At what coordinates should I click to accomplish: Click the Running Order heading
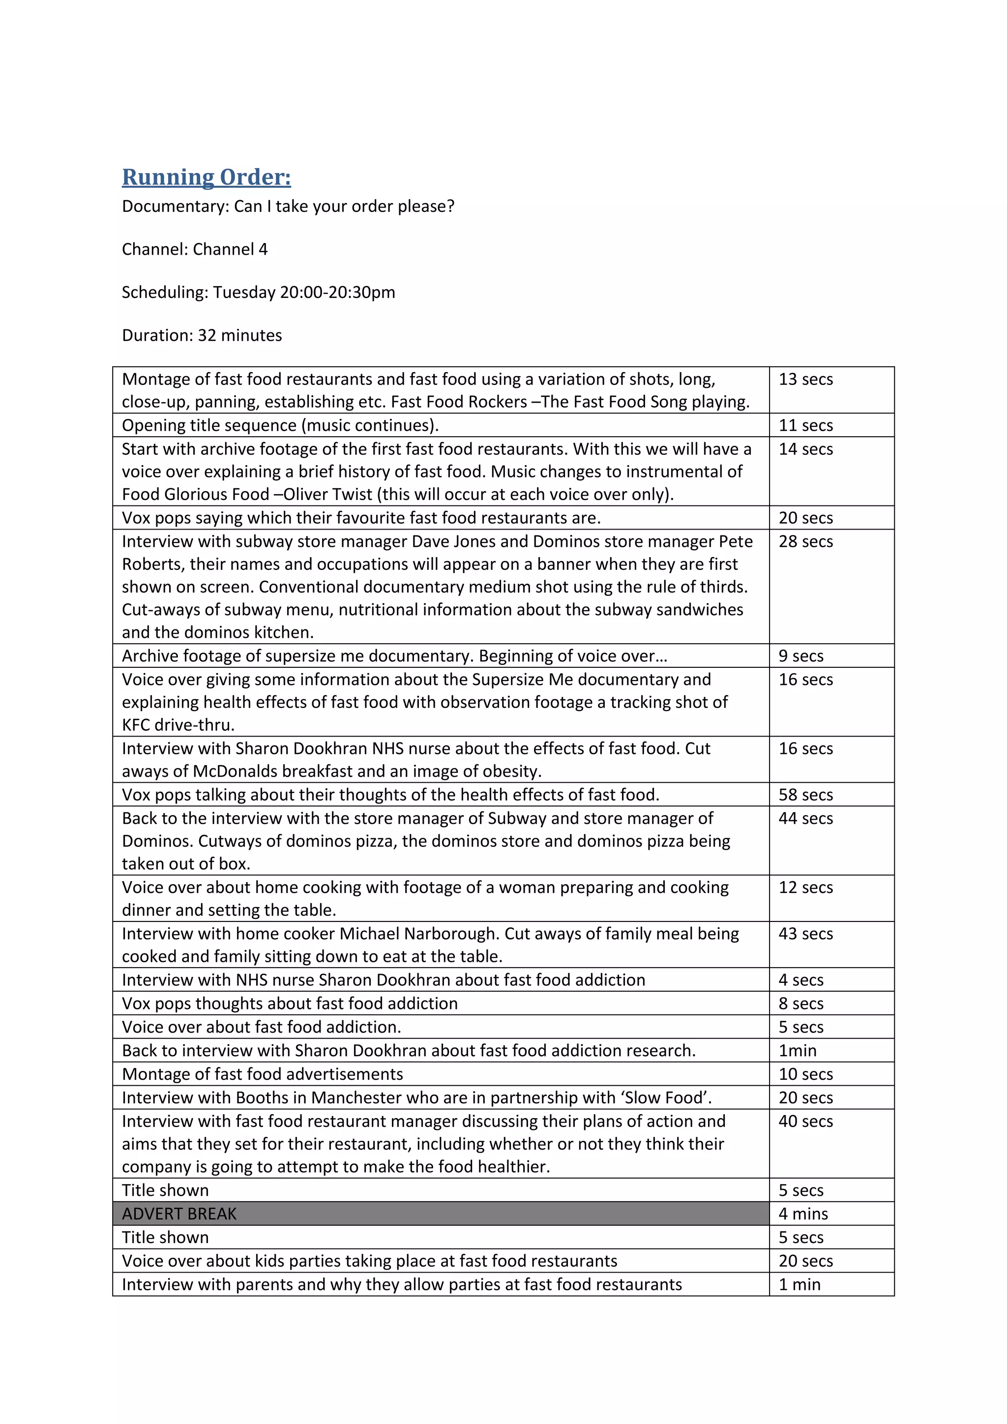207,178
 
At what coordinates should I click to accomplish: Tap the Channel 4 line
195,249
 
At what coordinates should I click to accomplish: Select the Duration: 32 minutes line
202,335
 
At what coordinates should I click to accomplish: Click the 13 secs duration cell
805,380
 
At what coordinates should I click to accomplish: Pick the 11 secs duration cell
805,425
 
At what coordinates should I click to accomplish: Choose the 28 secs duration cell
805,541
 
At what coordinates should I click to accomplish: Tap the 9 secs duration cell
801,656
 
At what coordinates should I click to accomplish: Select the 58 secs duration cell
805,795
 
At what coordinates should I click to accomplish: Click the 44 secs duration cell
805,819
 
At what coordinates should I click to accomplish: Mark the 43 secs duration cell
805,934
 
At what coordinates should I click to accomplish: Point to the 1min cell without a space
798,1051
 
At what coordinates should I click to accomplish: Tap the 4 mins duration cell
803,1214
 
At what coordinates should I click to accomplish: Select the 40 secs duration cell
805,1121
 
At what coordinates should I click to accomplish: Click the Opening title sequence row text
280,425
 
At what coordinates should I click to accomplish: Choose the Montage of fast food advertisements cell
262,1074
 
